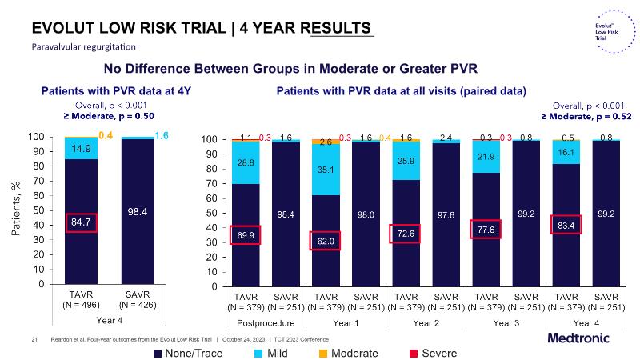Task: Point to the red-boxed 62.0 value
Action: [325, 239]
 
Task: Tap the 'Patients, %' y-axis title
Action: [15, 210]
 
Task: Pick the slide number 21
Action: [34, 339]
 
